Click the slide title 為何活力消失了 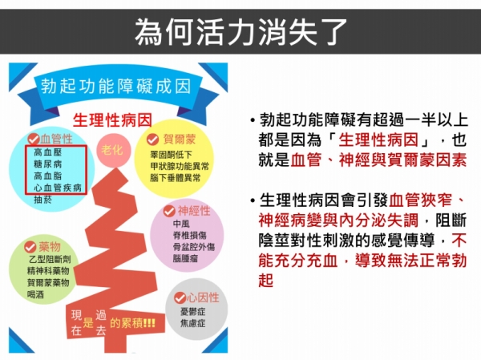tap(240, 31)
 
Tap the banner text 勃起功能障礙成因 tap(116, 87)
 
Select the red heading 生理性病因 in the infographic tap(112, 120)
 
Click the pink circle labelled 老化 tap(114, 151)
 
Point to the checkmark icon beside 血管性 tap(34, 139)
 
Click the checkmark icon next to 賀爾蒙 tap(152, 140)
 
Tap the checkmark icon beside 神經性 tap(169, 211)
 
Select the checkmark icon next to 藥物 tap(30, 247)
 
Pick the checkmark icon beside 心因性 tap(180, 297)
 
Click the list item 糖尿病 tap(48, 164)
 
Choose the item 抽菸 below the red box tap(43, 200)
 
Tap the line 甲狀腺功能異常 tap(180, 166)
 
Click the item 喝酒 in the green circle tap(35, 294)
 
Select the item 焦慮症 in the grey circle tap(192, 323)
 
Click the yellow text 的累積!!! tap(132, 323)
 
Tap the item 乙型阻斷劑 tap(50, 259)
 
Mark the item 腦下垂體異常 tap(175, 178)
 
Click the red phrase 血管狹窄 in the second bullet tap(421, 200)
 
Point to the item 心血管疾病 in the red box tap(58, 188)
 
